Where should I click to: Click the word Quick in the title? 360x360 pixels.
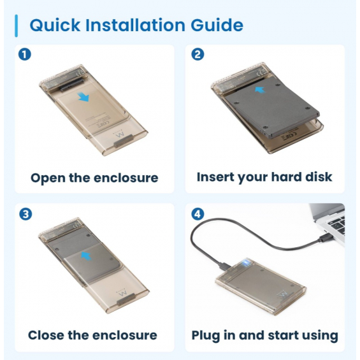tap(55, 25)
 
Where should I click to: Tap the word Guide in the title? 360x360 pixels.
tap(217, 25)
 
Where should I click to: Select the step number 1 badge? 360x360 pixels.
tap(25, 55)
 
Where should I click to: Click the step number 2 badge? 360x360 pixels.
tap(198, 55)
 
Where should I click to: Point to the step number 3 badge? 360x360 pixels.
tap(25, 214)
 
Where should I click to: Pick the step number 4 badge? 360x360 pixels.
tap(198, 214)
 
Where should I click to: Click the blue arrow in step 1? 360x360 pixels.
tap(83, 97)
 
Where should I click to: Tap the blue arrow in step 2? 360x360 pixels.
tap(260, 90)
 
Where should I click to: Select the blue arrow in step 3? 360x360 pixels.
tap(86, 256)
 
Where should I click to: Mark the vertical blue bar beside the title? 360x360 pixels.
tap(16, 25)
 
